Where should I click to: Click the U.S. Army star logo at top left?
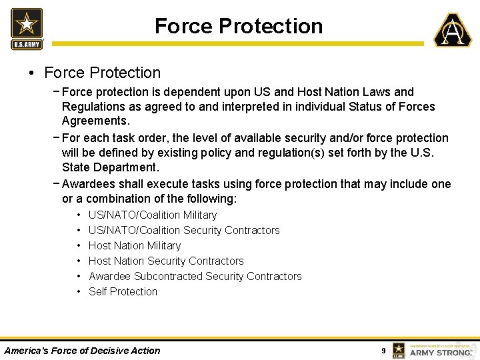(27, 28)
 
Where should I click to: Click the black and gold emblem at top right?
(453, 30)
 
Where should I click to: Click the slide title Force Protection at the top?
(239, 26)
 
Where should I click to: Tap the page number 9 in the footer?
(383, 351)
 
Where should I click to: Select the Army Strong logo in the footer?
(433, 350)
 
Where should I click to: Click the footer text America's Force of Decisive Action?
(82, 351)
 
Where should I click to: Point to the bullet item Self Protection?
(123, 291)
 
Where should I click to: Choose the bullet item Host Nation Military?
(134, 245)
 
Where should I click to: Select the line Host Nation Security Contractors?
(166, 261)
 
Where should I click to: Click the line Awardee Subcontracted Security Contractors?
(195, 276)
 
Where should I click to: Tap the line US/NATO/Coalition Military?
(152, 215)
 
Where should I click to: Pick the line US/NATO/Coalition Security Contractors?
(184, 230)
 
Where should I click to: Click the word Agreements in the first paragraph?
(95, 121)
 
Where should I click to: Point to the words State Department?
(110, 167)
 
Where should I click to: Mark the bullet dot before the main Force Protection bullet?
(31, 73)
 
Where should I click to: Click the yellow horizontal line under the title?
(237, 44)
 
